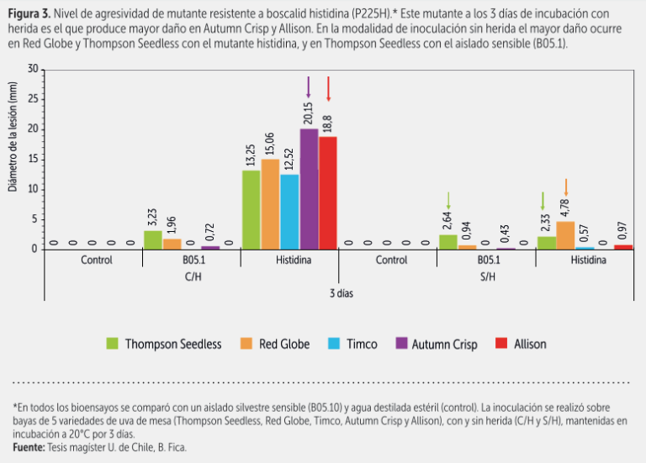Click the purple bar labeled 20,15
click(309, 189)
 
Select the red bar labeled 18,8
click(328, 192)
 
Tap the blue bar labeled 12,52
click(289, 212)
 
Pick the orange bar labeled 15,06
click(270, 204)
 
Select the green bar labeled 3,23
click(153, 239)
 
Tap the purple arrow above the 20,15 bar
click(309, 87)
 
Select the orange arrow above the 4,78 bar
click(566, 186)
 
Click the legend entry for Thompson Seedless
click(165, 344)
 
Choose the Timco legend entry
click(353, 344)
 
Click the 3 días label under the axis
click(339, 294)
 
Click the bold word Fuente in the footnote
click(30, 448)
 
